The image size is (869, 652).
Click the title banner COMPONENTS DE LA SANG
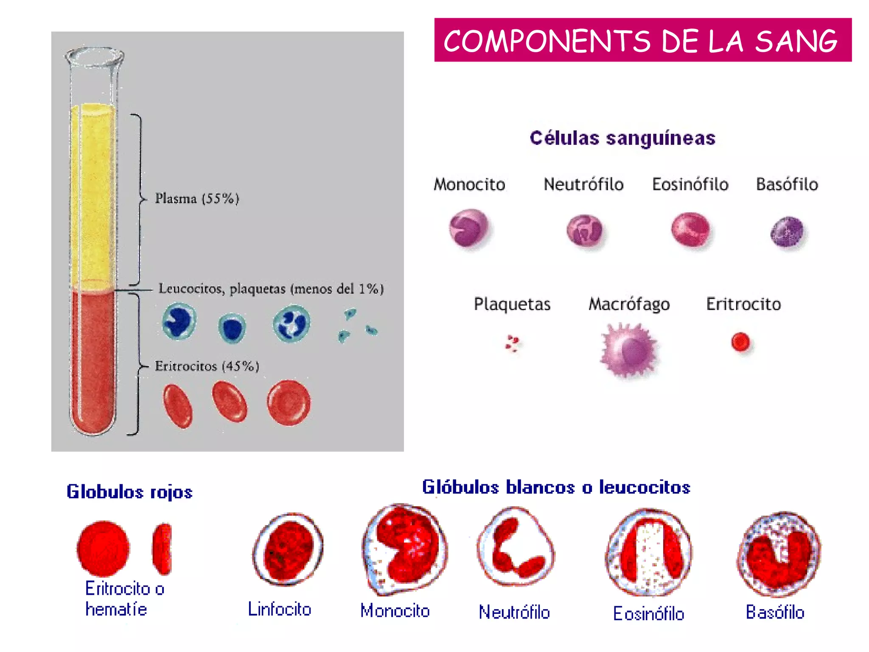pos(642,40)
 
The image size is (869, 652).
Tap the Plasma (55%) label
pos(197,198)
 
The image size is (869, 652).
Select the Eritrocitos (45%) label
pos(207,366)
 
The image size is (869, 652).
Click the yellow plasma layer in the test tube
pos(93,195)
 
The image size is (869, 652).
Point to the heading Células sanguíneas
pos(622,138)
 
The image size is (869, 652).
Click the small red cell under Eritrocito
pos(740,342)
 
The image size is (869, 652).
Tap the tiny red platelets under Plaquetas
pos(513,343)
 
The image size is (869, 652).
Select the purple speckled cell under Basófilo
pos(787,231)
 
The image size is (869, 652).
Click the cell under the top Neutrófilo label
pos(584,230)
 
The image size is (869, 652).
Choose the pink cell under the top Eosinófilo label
pos(690,229)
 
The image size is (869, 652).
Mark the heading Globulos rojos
pos(129,492)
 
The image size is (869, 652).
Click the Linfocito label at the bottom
pos(280,609)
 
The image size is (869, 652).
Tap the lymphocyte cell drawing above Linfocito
pos(288,549)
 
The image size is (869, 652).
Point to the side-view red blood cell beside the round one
pos(162,548)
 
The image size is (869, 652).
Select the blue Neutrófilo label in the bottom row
pos(514,612)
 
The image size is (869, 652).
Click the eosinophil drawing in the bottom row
pos(648,552)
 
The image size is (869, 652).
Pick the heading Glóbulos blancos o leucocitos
pos(556,487)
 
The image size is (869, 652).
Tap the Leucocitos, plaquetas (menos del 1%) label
pos(271,289)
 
